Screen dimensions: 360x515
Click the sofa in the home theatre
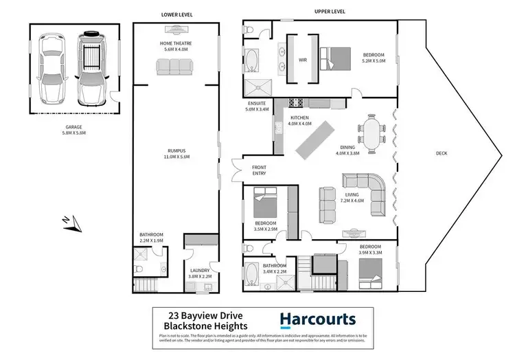[173, 66]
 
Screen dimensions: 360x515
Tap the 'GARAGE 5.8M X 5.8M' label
[69, 131]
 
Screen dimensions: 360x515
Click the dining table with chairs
[374, 133]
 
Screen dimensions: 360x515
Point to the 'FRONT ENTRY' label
[260, 170]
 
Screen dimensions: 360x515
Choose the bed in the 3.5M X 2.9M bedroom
[264, 206]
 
